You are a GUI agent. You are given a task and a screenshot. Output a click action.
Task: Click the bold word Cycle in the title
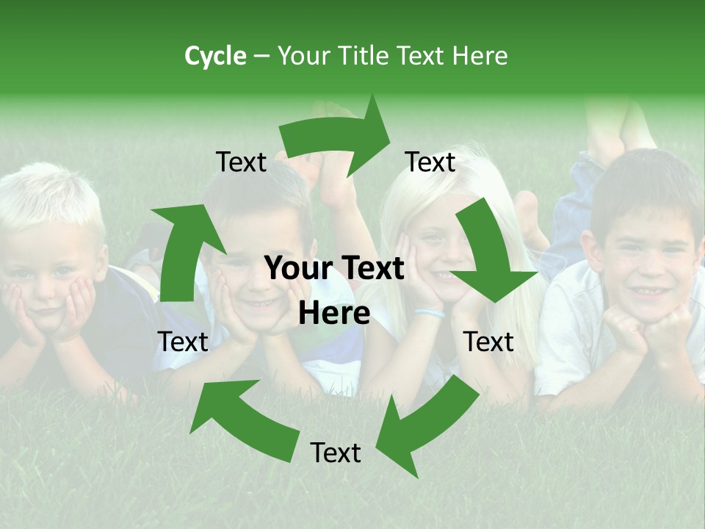[x=215, y=56]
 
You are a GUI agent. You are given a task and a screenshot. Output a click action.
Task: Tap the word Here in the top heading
[x=479, y=56]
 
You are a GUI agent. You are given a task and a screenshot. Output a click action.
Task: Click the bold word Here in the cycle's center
[x=334, y=314]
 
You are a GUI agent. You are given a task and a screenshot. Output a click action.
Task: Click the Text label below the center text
[x=336, y=453]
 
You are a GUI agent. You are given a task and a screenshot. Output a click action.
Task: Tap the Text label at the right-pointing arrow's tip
[x=430, y=162]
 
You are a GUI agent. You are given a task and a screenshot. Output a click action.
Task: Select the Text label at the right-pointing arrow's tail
[x=242, y=162]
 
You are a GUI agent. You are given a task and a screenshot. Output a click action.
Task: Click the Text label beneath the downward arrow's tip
[x=488, y=342]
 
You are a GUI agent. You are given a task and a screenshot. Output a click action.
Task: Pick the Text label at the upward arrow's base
[x=183, y=342]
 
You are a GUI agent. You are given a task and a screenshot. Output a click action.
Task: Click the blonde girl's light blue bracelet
[x=430, y=313]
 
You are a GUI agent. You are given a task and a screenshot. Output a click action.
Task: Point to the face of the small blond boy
[x=48, y=272]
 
